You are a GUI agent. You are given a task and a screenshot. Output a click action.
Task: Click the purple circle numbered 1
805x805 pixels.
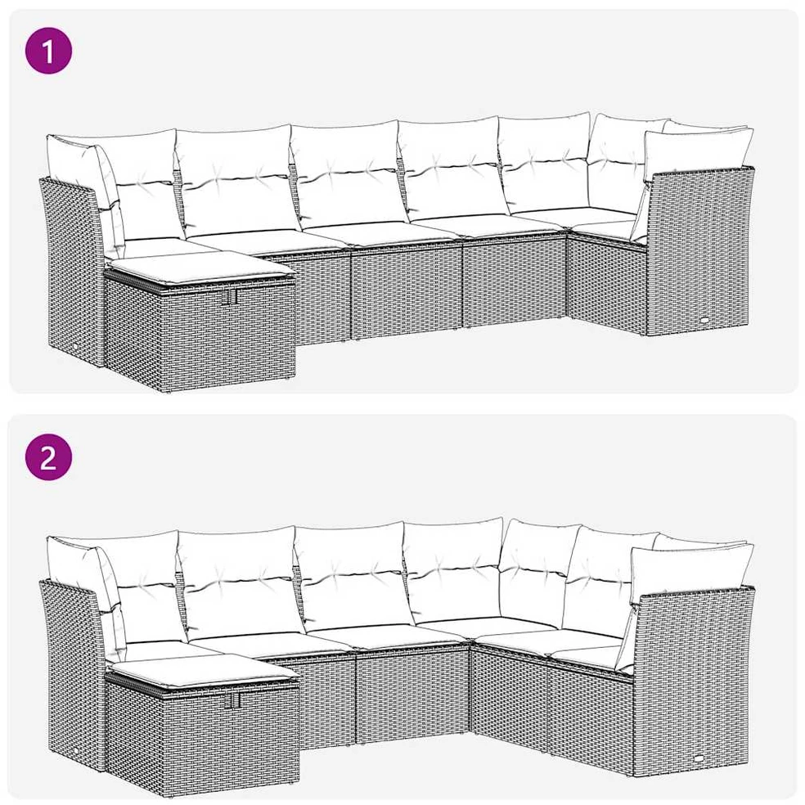tap(49, 51)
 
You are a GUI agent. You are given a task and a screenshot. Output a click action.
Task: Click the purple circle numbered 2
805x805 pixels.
tap(49, 456)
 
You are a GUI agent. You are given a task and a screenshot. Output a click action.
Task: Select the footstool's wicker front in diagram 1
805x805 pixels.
tap(200, 334)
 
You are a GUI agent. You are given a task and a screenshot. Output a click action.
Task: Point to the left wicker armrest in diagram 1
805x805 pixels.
tap(72, 267)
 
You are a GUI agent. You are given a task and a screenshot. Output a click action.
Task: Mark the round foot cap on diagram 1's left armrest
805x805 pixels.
tap(77, 347)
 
